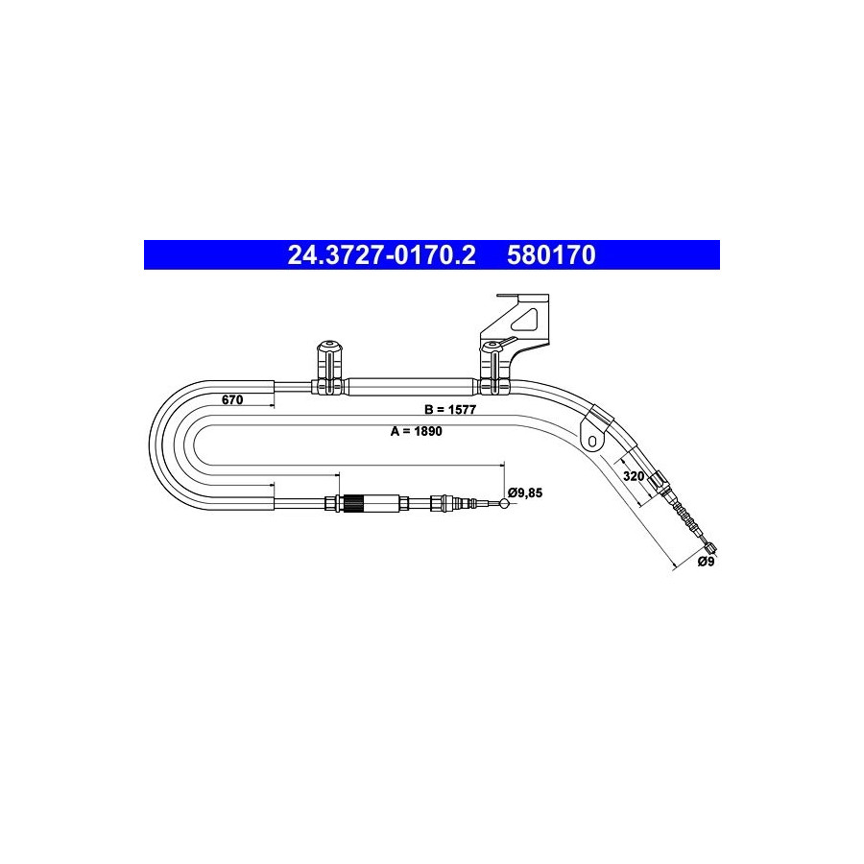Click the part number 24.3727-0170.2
coord(381,255)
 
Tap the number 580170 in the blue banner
coord(551,255)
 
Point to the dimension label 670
coord(232,399)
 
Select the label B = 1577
coord(449,409)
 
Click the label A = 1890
coord(416,431)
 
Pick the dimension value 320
coord(634,475)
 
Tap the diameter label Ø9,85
coord(525,492)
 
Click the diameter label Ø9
coord(706,562)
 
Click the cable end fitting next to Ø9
coord(710,548)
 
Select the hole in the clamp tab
coord(591,441)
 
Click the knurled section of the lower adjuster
coord(352,504)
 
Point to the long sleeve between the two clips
coord(411,387)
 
